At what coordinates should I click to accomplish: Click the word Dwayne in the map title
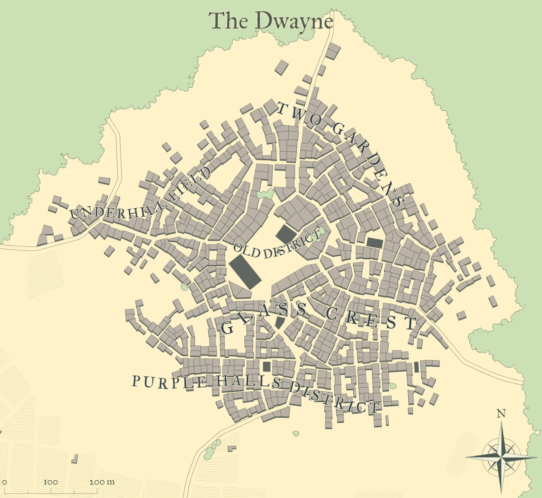pyautogui.click(x=294, y=21)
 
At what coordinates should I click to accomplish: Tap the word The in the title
pyautogui.click(x=229, y=21)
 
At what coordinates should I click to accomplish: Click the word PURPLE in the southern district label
pyautogui.click(x=170, y=382)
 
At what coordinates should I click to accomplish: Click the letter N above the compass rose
pyautogui.click(x=501, y=413)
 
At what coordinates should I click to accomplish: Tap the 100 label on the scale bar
pyautogui.click(x=51, y=482)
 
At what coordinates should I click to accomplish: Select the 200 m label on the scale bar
pyautogui.click(x=102, y=482)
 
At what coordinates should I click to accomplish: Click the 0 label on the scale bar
pyautogui.click(x=5, y=482)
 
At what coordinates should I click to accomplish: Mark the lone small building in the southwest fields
pyautogui.click(x=75, y=459)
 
